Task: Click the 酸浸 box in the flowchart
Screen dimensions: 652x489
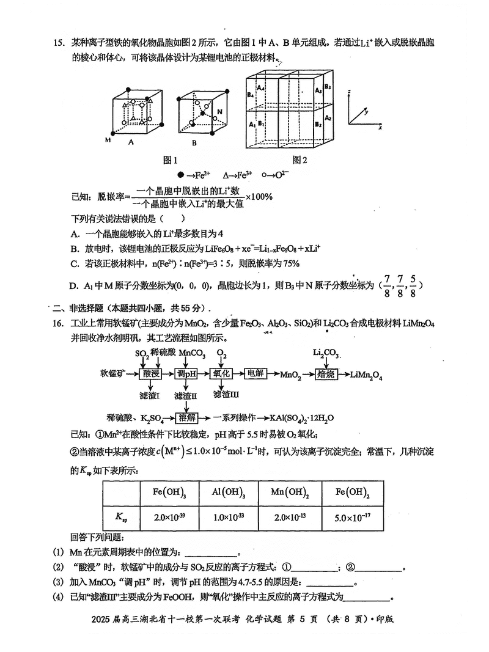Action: (x=150, y=374)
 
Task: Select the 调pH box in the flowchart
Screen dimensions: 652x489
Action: (x=185, y=374)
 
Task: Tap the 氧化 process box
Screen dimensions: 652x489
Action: (x=220, y=374)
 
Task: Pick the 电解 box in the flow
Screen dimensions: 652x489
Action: (x=254, y=374)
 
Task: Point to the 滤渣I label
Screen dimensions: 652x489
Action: (x=150, y=396)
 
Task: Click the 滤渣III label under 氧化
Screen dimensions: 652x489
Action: (x=226, y=394)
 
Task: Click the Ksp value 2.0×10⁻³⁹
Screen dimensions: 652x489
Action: (x=169, y=518)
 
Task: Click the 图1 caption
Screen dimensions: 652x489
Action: (x=170, y=160)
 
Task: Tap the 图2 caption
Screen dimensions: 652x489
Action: (x=300, y=160)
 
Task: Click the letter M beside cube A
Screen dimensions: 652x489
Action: (x=108, y=140)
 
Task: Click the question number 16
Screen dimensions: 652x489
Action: (x=59, y=323)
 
